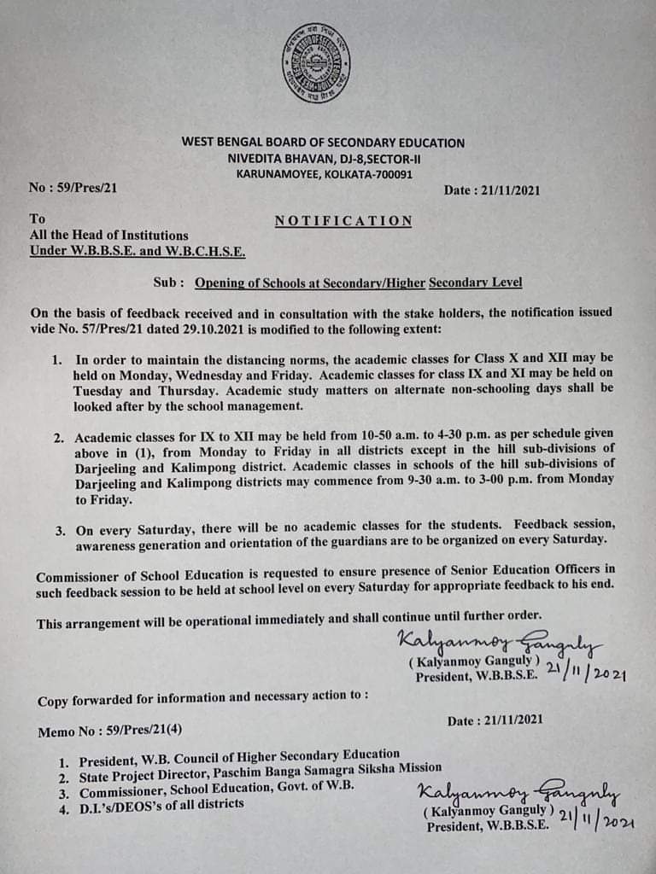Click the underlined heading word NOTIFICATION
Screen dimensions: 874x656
[x=343, y=221]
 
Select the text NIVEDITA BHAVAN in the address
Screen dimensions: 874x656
[x=275, y=159]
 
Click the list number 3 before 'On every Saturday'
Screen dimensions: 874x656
[x=61, y=530]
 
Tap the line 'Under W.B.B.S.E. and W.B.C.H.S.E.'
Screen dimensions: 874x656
[x=138, y=251]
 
